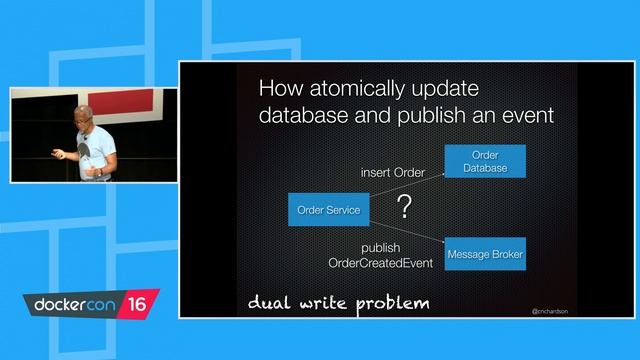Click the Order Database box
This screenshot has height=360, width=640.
[x=484, y=162]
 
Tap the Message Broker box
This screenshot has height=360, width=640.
[x=485, y=255]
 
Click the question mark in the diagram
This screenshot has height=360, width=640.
[x=404, y=208]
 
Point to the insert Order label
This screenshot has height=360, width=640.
[x=392, y=173]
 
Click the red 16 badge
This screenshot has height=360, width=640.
[x=137, y=303]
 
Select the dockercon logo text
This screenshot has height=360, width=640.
[x=75, y=303]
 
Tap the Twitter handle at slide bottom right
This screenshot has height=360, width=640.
[x=550, y=311]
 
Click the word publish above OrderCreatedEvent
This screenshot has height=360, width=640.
[x=380, y=247]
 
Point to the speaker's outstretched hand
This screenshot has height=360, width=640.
[x=57, y=154]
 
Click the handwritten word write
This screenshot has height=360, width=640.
[x=322, y=302]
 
